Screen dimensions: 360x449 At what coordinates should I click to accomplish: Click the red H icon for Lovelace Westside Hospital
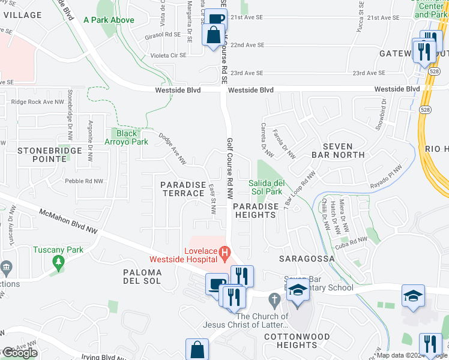[x=225, y=252]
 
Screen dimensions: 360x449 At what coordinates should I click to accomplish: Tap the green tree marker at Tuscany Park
[x=58, y=262]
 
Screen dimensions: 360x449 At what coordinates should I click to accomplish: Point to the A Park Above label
[x=109, y=20]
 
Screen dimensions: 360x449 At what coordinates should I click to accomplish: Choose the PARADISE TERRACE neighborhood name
[x=184, y=189]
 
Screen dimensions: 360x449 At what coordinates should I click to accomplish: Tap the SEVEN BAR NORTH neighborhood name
[x=343, y=151]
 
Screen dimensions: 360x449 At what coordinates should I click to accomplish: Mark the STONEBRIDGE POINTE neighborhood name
[x=41, y=155]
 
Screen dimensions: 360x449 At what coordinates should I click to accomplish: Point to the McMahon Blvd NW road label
[x=68, y=221]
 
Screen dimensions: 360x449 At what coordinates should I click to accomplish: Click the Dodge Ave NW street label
[x=173, y=149]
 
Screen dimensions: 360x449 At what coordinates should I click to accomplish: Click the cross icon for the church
[x=274, y=299]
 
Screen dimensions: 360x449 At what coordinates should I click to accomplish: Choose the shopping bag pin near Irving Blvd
[x=197, y=349]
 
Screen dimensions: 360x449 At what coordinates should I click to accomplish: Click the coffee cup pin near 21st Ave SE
[x=215, y=19]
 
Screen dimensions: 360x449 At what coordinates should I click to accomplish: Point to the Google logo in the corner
[x=20, y=353]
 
